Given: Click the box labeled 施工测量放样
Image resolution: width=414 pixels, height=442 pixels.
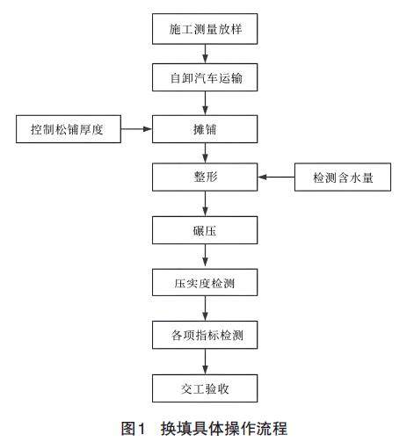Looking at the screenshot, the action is [205, 29].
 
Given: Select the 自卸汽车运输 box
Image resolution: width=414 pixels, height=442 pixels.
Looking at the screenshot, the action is [205, 77].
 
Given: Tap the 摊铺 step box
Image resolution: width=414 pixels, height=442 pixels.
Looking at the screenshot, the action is [205, 129].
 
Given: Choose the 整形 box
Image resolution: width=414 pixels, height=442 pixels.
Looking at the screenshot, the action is [205, 177].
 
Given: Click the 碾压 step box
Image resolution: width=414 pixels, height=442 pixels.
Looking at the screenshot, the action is [205, 230].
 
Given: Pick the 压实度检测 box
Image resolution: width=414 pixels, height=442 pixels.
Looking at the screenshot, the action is [205, 282].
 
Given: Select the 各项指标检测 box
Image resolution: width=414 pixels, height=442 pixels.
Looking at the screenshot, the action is [205, 335].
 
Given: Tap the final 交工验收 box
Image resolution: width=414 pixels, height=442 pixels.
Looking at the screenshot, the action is [205, 388].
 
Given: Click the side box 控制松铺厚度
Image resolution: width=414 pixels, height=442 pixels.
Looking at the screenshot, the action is [69, 129].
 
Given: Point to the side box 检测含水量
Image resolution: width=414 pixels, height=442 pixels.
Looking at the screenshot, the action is [343, 177].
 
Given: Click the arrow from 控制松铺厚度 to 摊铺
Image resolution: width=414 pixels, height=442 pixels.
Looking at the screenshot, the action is [136, 129].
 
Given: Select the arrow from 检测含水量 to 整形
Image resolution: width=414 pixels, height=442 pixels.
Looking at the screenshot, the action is [276, 177].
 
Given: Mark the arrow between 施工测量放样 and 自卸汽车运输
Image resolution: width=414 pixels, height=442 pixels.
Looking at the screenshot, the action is [205, 54].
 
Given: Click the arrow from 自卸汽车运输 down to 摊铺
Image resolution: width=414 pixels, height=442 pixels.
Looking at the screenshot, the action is [205, 103].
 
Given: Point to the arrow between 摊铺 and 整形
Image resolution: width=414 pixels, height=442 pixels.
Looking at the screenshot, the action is [205, 153].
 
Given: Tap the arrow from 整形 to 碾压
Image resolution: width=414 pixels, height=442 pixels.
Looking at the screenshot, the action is [205, 204].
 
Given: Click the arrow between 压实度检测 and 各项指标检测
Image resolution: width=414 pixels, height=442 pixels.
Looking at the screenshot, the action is [205, 308].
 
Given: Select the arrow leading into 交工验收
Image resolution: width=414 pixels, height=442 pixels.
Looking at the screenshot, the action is [205, 361].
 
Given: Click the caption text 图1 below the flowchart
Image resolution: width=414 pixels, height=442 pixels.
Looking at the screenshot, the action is [134, 429].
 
